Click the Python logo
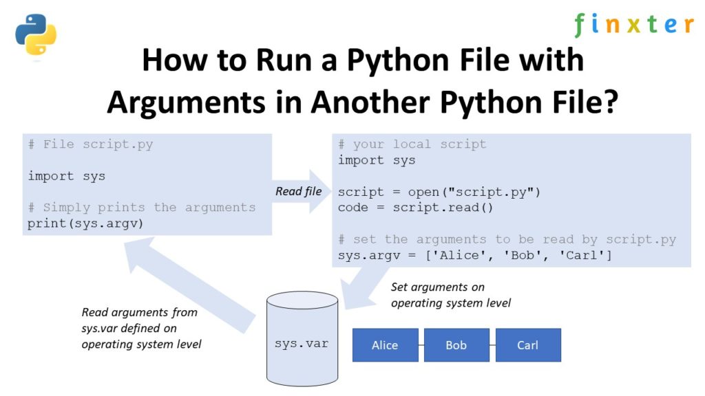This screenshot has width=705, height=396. (x=36, y=34)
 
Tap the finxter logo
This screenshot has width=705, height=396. (x=633, y=25)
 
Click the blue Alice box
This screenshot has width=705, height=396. (x=385, y=345)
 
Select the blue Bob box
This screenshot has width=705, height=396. (x=456, y=345)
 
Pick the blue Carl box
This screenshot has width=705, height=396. (x=527, y=345)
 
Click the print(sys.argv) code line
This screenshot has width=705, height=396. (x=86, y=223)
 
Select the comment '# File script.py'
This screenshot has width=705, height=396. (x=90, y=144)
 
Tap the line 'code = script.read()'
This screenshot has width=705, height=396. (x=415, y=208)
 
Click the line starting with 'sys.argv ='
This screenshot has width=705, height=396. (x=475, y=256)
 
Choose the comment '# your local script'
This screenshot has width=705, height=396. (x=412, y=144)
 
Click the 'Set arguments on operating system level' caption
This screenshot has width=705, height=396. (x=450, y=295)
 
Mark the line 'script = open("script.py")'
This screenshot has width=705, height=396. (x=439, y=192)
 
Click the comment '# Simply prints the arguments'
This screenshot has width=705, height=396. (x=141, y=207)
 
